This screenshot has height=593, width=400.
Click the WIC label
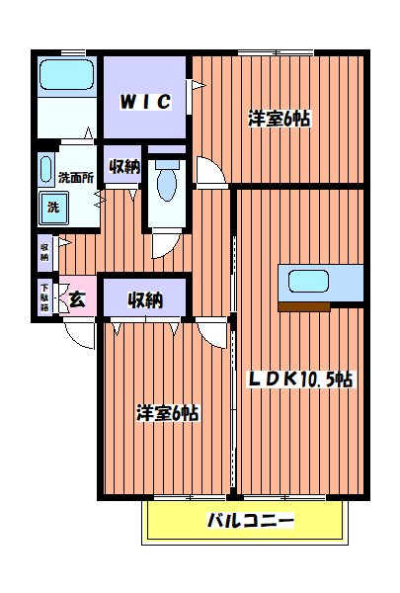tap(147, 102)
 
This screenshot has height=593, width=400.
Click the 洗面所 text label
tap(75, 179)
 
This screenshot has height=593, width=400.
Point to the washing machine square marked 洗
tap(50, 209)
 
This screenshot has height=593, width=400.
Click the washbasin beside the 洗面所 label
tap(44, 169)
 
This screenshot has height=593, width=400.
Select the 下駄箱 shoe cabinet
tap(44, 297)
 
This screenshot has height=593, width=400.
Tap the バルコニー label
tap(250, 521)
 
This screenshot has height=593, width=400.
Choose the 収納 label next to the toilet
tap(123, 165)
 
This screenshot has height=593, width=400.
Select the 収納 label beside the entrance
tap(145, 299)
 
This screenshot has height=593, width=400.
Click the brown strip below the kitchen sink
tap(303, 307)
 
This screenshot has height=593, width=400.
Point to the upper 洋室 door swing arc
tap(209, 174)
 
